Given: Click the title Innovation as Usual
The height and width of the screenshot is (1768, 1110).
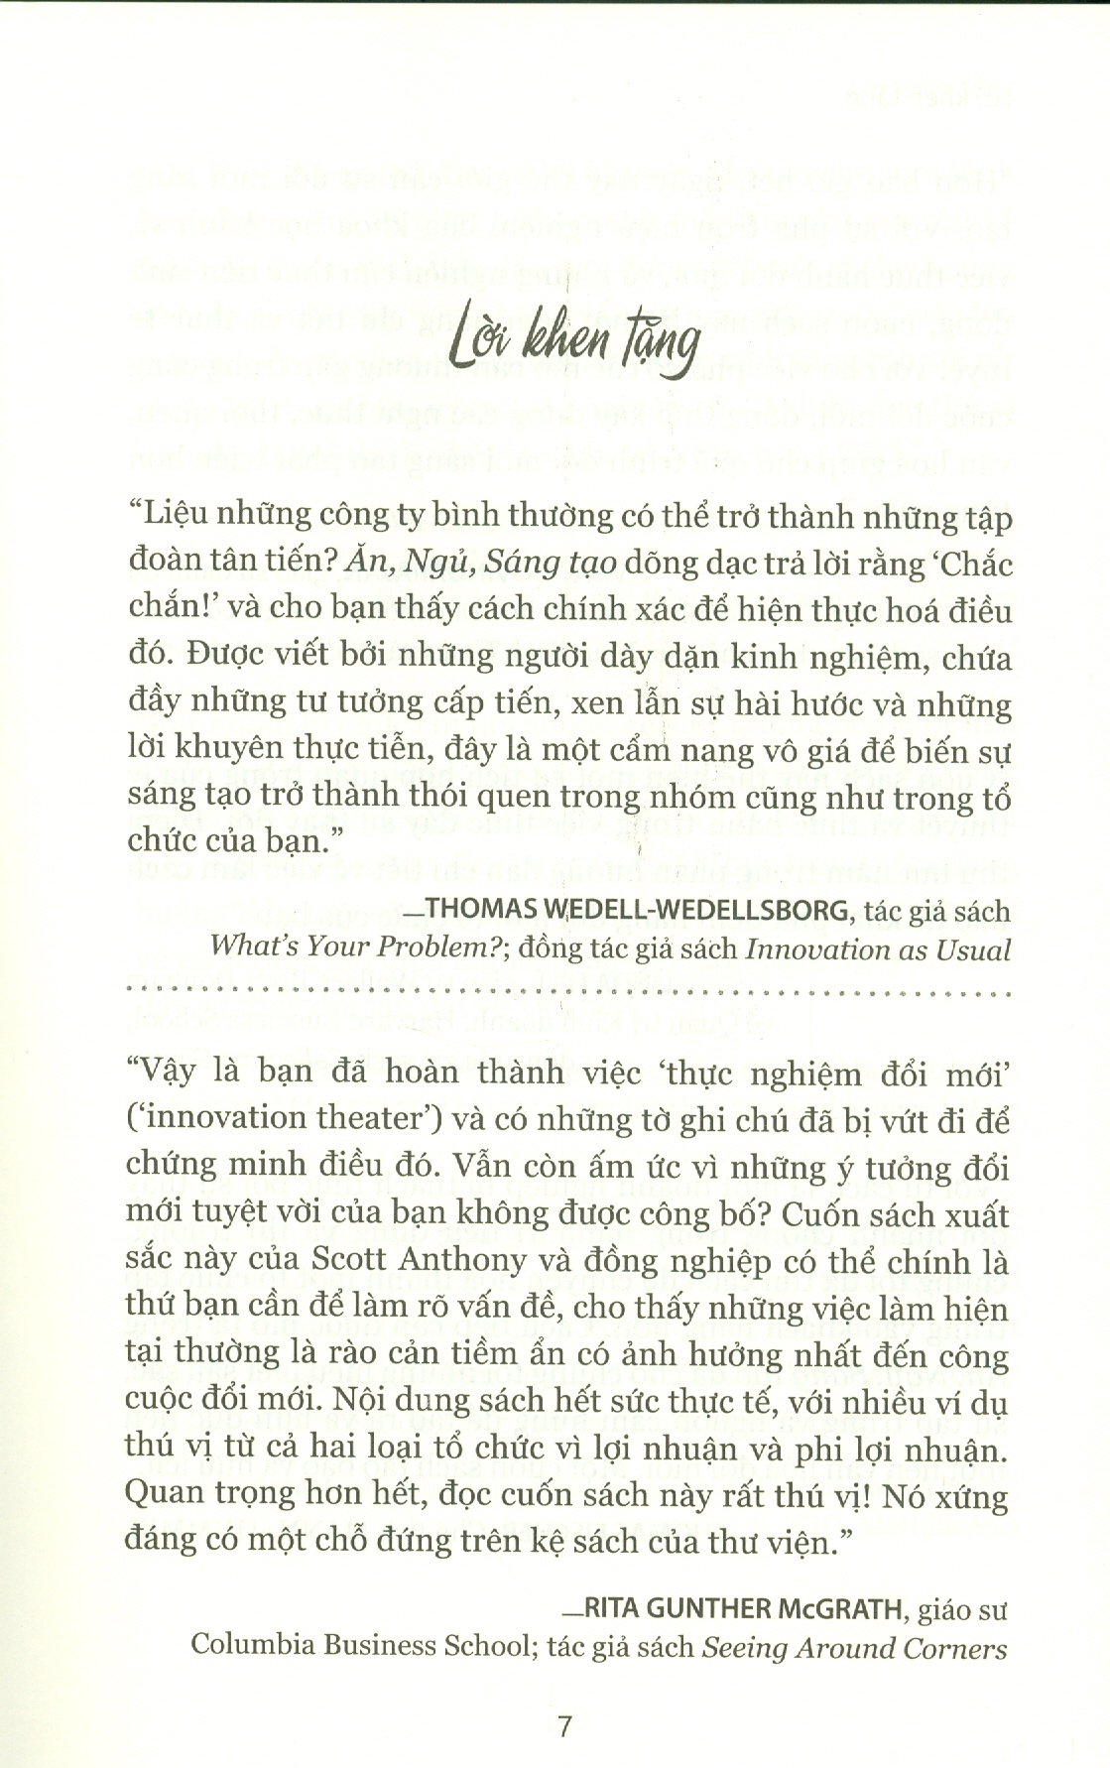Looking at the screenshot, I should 878,949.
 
